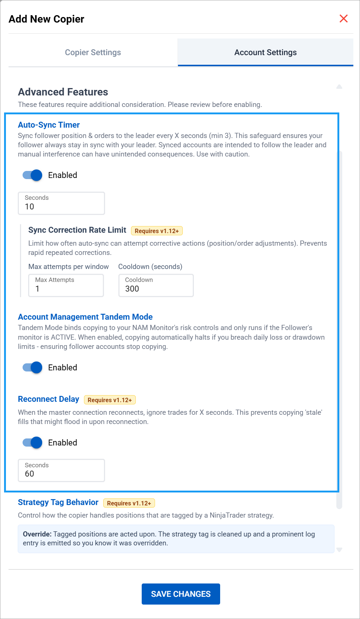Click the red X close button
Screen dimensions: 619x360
coord(343,18)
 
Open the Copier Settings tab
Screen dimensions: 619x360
coord(93,53)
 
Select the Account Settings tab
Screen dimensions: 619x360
coord(265,53)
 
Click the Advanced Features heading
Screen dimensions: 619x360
coord(63,92)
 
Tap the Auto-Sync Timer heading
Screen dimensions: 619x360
coord(49,125)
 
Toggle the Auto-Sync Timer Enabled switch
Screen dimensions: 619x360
coord(33,175)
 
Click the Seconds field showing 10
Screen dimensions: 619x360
coord(61,203)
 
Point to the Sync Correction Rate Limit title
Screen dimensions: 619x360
coord(77,230)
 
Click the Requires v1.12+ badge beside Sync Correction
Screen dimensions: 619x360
coord(157,231)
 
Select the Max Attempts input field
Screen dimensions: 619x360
coord(66,285)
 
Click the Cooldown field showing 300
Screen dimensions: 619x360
coord(156,285)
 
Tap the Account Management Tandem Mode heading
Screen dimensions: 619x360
coord(85,317)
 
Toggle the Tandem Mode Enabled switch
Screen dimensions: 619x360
coord(33,367)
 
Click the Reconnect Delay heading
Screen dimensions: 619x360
coord(48,399)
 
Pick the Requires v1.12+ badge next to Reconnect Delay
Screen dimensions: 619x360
coord(110,400)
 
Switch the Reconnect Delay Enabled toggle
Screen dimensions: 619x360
coord(33,443)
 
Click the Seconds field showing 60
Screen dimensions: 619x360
coord(61,470)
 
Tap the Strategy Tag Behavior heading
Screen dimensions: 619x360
coord(58,502)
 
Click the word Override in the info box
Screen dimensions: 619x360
coord(37,534)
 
